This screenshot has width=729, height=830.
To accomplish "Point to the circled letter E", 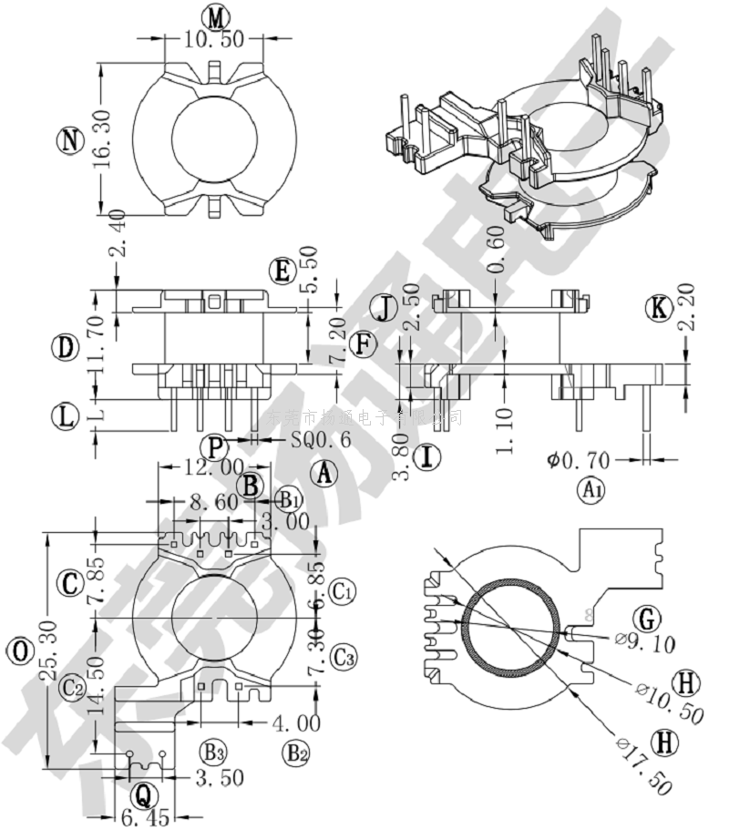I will [x=283, y=272].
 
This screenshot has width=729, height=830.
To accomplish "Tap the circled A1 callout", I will [x=592, y=490].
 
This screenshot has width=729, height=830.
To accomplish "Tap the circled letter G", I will [x=647, y=620].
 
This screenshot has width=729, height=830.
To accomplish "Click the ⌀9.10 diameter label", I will [x=645, y=644].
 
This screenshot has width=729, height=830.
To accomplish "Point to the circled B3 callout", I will [x=213, y=753].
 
